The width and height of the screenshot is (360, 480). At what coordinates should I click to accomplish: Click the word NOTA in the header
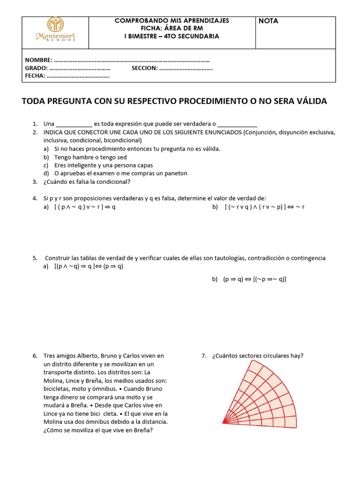[268, 21]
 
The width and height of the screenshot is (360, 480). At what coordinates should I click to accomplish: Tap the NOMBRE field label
[38, 60]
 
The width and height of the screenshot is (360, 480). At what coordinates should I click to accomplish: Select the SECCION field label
[144, 68]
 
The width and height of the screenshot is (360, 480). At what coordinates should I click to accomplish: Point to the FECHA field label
[35, 75]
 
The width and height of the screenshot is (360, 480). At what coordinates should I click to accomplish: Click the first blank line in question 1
[74, 124]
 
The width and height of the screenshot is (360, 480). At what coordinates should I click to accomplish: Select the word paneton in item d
[176, 173]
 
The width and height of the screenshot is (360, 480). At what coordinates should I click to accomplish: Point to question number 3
[35, 182]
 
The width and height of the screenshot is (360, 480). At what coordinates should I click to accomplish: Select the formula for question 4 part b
[265, 207]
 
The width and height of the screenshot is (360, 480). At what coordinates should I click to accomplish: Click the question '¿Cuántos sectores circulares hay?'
[257, 356]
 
